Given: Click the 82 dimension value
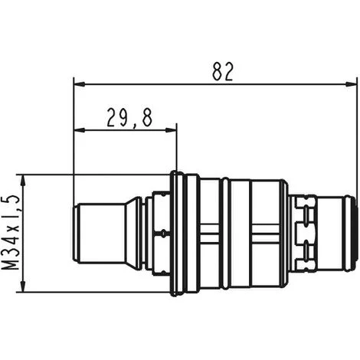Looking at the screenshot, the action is pos(223,71).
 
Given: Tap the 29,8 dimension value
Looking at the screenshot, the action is pos(129,118).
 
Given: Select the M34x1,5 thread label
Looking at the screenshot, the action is pos(11,233).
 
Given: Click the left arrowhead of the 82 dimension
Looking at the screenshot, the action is pos(79,83).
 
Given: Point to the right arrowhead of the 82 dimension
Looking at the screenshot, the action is pos(351,83).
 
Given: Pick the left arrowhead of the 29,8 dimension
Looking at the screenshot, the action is pos(79,130).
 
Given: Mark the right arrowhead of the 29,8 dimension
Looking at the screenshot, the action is pos(171,130).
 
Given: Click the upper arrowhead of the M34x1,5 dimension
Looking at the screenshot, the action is pos(23,181).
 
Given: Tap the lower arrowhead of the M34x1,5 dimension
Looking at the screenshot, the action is pos(23,286).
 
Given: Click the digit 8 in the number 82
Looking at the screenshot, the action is pos(218,71).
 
